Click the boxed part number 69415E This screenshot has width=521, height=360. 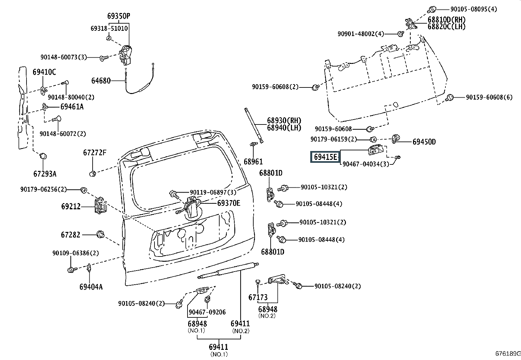[325, 157]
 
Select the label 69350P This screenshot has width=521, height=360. [118, 16]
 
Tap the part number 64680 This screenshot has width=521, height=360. [101, 81]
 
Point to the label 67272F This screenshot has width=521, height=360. [95, 153]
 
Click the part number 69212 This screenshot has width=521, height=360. [71, 207]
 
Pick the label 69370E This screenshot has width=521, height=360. [229, 203]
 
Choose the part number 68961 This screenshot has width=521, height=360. [253, 161]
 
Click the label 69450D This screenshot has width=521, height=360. [424, 142]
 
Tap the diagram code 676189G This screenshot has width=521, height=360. [508, 354]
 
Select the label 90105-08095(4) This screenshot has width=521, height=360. [474, 9]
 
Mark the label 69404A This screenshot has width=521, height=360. [91, 287]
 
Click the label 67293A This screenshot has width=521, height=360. [45, 174]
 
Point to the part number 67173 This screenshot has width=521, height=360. [258, 297]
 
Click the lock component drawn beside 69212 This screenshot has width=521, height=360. [100, 205]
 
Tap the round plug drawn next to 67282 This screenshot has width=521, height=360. [100, 234]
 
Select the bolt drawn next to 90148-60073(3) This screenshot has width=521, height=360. [104, 58]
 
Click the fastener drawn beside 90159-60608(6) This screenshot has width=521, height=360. [450, 98]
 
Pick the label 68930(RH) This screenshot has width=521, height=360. [284, 121]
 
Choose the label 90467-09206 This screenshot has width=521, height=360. [207, 312]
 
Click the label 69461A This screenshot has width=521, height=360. [72, 107]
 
